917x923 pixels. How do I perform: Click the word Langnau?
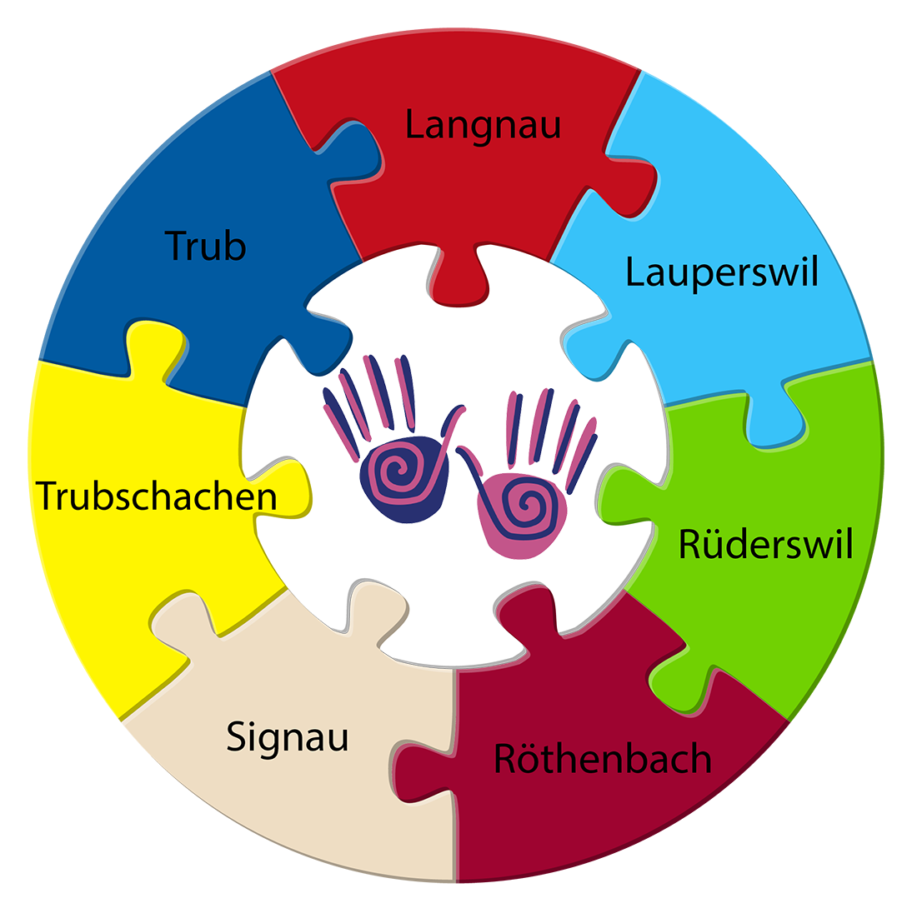coord(483,125)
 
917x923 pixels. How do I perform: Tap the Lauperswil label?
coord(722,272)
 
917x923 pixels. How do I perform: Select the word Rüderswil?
coord(765,545)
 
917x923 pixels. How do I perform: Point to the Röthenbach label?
coord(603,759)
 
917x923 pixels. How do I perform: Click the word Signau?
coord(287,738)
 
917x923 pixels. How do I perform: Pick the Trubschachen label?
coord(157,496)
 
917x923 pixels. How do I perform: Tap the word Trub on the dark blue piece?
coord(205,246)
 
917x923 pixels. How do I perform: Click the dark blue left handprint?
coord(392,450)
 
